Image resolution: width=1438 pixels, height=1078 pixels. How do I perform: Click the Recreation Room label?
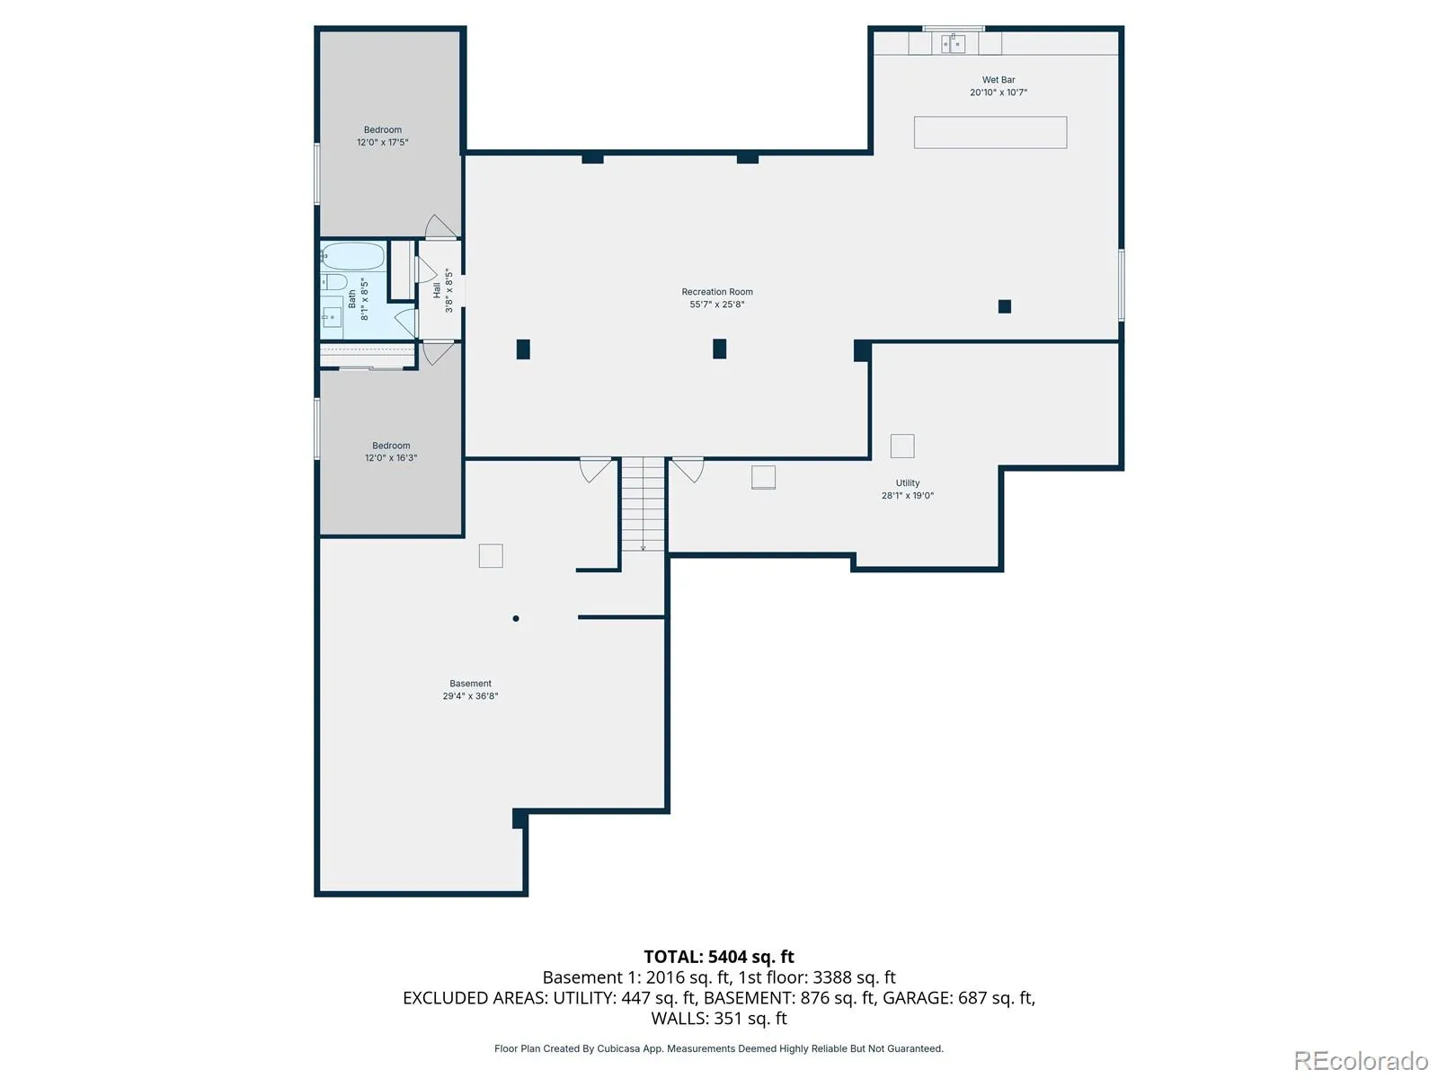[x=716, y=292]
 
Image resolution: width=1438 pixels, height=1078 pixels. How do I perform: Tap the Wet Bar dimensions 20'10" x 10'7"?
[x=999, y=93]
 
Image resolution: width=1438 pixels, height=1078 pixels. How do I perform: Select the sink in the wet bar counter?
[x=954, y=43]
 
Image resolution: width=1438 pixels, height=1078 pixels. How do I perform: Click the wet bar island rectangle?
[x=990, y=132]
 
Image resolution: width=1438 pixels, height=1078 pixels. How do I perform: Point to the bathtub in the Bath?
[x=353, y=257]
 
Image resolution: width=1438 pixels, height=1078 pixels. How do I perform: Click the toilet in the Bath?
[x=334, y=282]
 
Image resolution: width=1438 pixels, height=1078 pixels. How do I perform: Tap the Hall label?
[x=437, y=290]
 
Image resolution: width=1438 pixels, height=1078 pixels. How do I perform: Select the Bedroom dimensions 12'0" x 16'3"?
[x=391, y=458]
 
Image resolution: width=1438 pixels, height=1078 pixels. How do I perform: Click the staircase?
[x=643, y=504]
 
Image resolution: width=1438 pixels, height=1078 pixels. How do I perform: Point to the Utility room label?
[x=908, y=483]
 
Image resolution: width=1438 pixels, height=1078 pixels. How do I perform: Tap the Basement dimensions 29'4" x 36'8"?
[x=470, y=695]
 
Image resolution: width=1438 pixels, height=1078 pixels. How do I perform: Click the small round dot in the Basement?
[x=516, y=619]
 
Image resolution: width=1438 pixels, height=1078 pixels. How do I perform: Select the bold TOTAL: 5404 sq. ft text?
[x=719, y=957]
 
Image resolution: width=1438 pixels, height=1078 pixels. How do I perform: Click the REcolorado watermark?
[x=1361, y=1060]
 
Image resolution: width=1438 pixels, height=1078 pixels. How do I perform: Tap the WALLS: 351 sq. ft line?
[x=719, y=1019]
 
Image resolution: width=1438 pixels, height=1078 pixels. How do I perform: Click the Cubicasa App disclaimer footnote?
[x=719, y=1048]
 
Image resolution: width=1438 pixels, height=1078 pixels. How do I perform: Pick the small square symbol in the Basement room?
[x=491, y=556]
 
